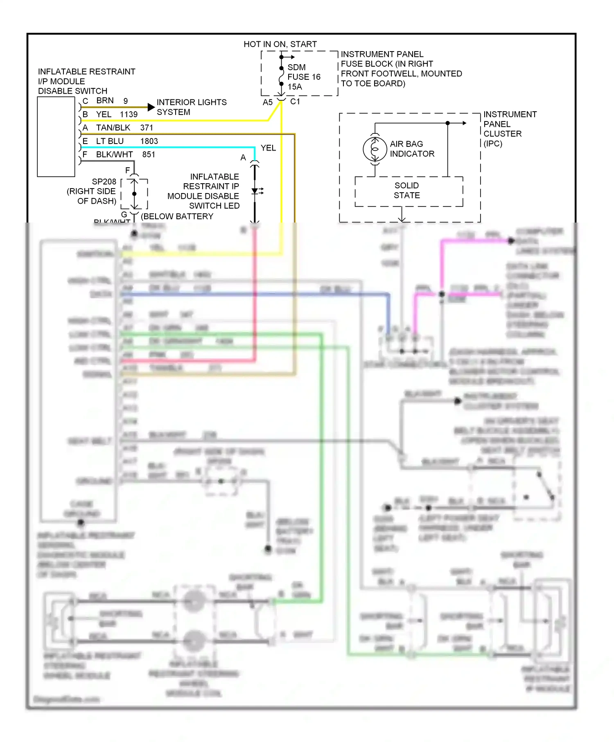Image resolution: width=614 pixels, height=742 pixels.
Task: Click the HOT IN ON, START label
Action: tap(280, 44)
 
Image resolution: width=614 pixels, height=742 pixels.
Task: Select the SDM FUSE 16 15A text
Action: tap(303, 77)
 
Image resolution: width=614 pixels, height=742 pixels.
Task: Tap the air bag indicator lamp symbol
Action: tap(375, 149)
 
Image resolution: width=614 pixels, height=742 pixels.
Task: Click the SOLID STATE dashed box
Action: tap(408, 191)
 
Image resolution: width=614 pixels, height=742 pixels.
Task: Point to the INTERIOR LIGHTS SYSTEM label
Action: tap(191, 107)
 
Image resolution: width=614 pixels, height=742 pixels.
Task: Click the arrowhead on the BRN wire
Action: tap(151, 107)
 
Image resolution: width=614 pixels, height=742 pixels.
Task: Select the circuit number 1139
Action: tap(129, 115)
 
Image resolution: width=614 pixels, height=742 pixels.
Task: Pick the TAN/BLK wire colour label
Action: tap(113, 128)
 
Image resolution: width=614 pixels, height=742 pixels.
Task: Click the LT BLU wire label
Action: tap(110, 141)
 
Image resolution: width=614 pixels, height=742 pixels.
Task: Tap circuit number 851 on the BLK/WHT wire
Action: tap(149, 155)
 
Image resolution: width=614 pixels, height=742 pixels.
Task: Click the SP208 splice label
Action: tap(104, 182)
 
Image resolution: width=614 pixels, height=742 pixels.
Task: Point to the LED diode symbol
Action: tap(255, 191)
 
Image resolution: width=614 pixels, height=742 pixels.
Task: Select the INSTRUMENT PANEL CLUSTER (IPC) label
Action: tap(509, 129)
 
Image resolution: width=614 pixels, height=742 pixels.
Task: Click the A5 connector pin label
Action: tap(267, 102)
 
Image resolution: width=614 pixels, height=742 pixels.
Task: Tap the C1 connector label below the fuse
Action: tap(295, 101)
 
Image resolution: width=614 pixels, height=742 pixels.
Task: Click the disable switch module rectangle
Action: tap(56, 137)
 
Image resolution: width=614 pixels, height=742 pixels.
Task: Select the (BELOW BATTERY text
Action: tap(177, 216)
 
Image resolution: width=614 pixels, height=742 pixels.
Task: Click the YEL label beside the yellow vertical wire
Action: tap(268, 148)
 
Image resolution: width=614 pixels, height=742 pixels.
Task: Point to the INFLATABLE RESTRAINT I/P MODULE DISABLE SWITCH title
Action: tap(86, 81)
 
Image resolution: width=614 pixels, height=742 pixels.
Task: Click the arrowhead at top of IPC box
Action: tap(464, 123)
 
